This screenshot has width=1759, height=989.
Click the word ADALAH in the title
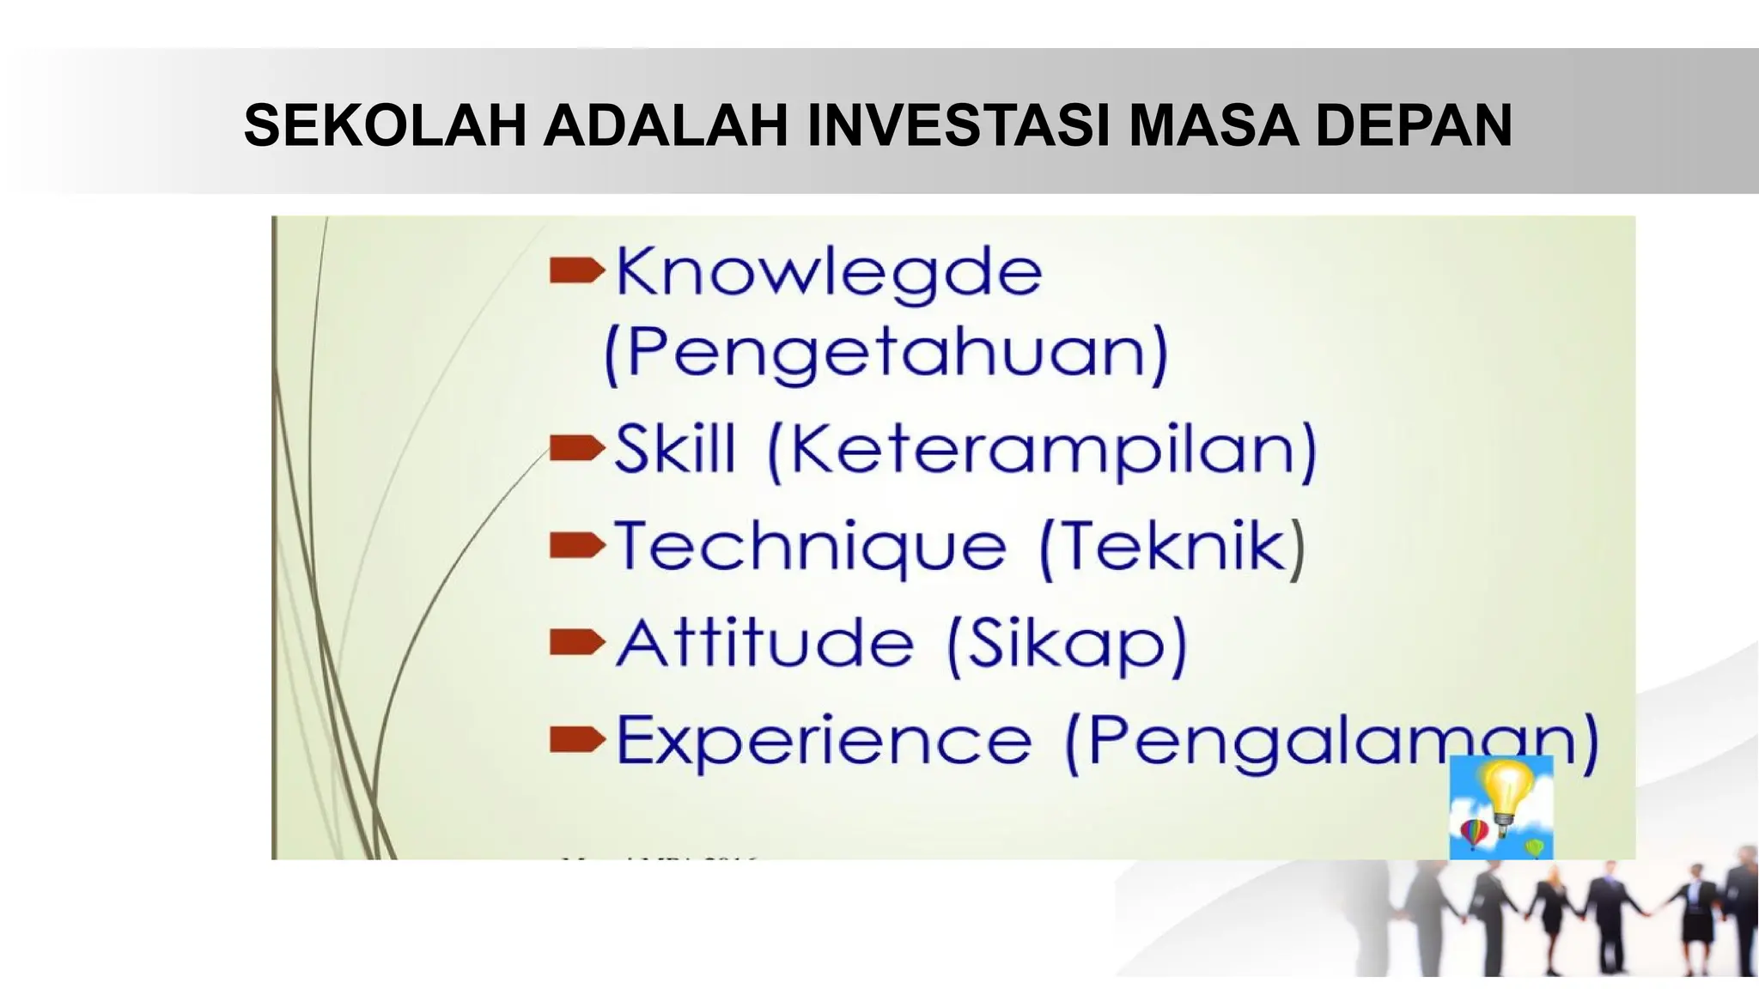pyautogui.click(x=666, y=126)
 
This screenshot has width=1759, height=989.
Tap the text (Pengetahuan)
pyautogui.click(x=886, y=353)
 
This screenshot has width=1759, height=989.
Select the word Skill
pyautogui.click(x=676, y=449)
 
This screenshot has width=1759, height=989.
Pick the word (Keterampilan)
pyautogui.click(x=1041, y=451)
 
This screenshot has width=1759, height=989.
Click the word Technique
pyautogui.click(x=810, y=547)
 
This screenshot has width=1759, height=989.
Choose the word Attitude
pyautogui.click(x=764, y=643)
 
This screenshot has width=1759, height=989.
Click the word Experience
pyautogui.click(x=824, y=741)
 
